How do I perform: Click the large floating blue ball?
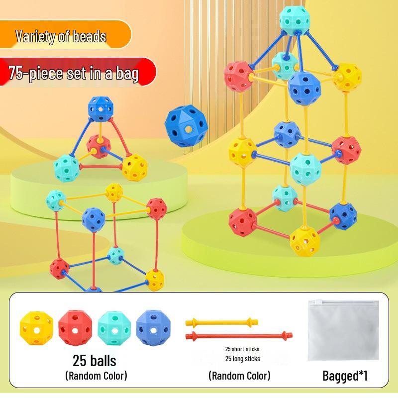tap(186, 126)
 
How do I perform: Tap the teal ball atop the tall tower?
tap(295, 20)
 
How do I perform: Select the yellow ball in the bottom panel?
tap(36, 328)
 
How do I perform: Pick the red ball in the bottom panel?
tap(75, 329)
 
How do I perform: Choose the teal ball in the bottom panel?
tap(114, 328)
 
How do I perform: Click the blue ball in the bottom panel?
tap(153, 328)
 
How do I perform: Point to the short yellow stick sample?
tap(222, 322)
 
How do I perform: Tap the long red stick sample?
tap(239, 336)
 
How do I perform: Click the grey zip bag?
tap(343, 330)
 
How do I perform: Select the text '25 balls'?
tap(95, 361)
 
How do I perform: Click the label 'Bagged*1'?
tap(345, 376)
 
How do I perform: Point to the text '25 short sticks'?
tap(242, 349)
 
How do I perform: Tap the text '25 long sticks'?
tap(242, 359)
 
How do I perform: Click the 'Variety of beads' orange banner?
tap(66, 34)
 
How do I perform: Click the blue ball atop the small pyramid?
tap(100, 109)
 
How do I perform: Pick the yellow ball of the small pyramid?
tap(134, 168)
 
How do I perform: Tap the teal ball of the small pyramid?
tap(67, 168)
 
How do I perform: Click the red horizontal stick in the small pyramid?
tap(101, 167)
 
